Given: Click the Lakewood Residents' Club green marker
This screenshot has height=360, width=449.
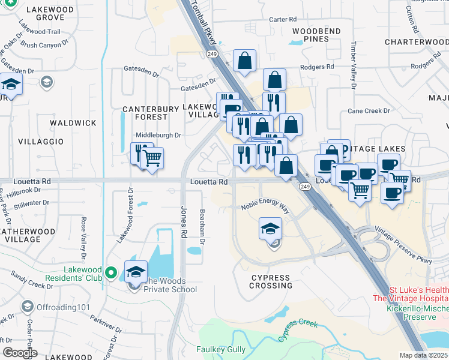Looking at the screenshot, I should [110, 273].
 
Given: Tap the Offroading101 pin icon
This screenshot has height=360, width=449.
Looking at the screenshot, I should [27, 307].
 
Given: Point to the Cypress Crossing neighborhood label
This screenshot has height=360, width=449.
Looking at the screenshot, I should [271, 281].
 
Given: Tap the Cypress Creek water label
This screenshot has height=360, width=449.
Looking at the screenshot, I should [298, 330].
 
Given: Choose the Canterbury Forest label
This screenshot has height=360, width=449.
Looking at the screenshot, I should [151, 113].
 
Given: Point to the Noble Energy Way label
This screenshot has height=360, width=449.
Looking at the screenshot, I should [265, 206].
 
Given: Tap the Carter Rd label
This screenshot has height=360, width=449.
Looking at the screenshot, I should [283, 20].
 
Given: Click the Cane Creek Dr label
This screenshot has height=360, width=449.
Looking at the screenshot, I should [369, 111].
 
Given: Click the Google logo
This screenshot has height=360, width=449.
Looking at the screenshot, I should [19, 353].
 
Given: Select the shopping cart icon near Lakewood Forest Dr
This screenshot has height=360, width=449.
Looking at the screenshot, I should [153, 158].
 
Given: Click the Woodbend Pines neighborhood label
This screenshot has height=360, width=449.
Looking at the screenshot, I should [316, 35].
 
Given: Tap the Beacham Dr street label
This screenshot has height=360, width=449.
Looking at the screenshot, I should [203, 230].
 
